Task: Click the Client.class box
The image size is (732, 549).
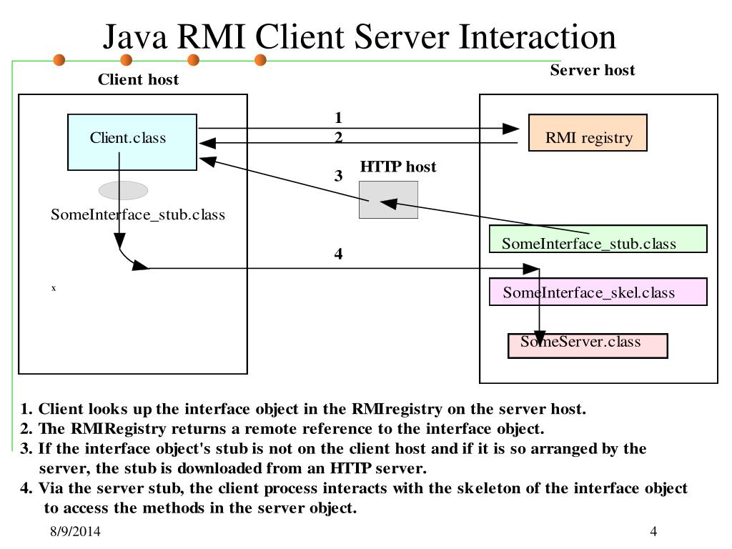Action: [x=132, y=142]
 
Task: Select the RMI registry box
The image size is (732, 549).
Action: [x=588, y=133]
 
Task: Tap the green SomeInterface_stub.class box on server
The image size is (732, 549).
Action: [x=598, y=239]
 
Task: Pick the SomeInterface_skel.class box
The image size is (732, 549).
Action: [x=598, y=292]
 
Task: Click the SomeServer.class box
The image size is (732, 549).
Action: [x=588, y=346]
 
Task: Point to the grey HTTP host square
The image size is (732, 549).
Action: [x=388, y=199]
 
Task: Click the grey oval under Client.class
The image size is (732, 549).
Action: [x=123, y=190]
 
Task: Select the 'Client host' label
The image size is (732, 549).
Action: [x=138, y=79]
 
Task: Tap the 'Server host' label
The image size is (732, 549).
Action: [x=592, y=70]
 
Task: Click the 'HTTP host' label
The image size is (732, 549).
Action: [x=397, y=167]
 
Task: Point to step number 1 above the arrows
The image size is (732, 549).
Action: [x=339, y=117]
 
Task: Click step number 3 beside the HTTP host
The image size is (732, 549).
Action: [x=339, y=176]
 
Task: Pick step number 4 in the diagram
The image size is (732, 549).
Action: [x=339, y=254]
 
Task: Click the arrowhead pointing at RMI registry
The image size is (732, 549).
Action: [x=510, y=129]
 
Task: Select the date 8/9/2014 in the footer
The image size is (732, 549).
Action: [x=75, y=532]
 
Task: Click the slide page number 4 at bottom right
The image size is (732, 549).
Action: [x=653, y=532]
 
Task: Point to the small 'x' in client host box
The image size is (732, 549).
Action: [x=54, y=288]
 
